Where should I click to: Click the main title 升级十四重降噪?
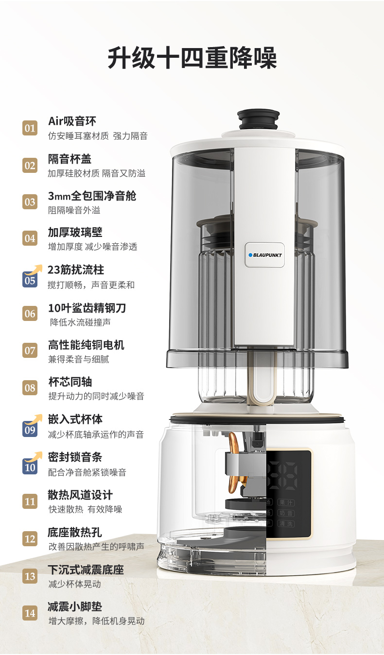192,58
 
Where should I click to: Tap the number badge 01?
30,128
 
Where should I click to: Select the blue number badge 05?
30,280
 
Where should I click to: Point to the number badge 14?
30,613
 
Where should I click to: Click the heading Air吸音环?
72,121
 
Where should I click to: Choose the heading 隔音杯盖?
70,159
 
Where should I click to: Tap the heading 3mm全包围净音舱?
92,196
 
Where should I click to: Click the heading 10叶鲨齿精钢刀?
87,308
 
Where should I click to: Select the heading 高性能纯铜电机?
86,345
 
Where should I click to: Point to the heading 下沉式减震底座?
86,570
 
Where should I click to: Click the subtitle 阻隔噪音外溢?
74,210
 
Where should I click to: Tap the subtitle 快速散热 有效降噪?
85,509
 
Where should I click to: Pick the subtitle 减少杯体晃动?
74,584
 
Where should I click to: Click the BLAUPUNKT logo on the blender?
264,255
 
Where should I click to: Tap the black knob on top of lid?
258,119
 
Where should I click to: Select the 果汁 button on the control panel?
286,503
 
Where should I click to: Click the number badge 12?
30,538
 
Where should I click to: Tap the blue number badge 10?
30,467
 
